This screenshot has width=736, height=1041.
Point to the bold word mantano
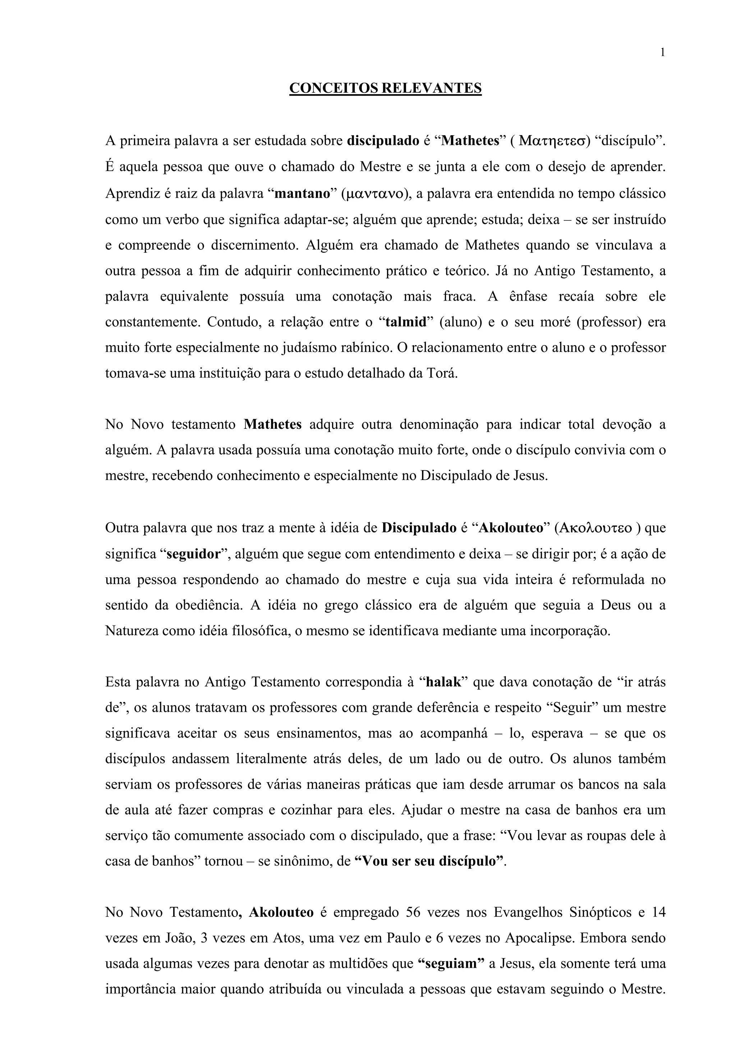click(302, 194)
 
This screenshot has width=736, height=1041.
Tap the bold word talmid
click(406, 322)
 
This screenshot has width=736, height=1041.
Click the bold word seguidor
click(193, 554)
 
